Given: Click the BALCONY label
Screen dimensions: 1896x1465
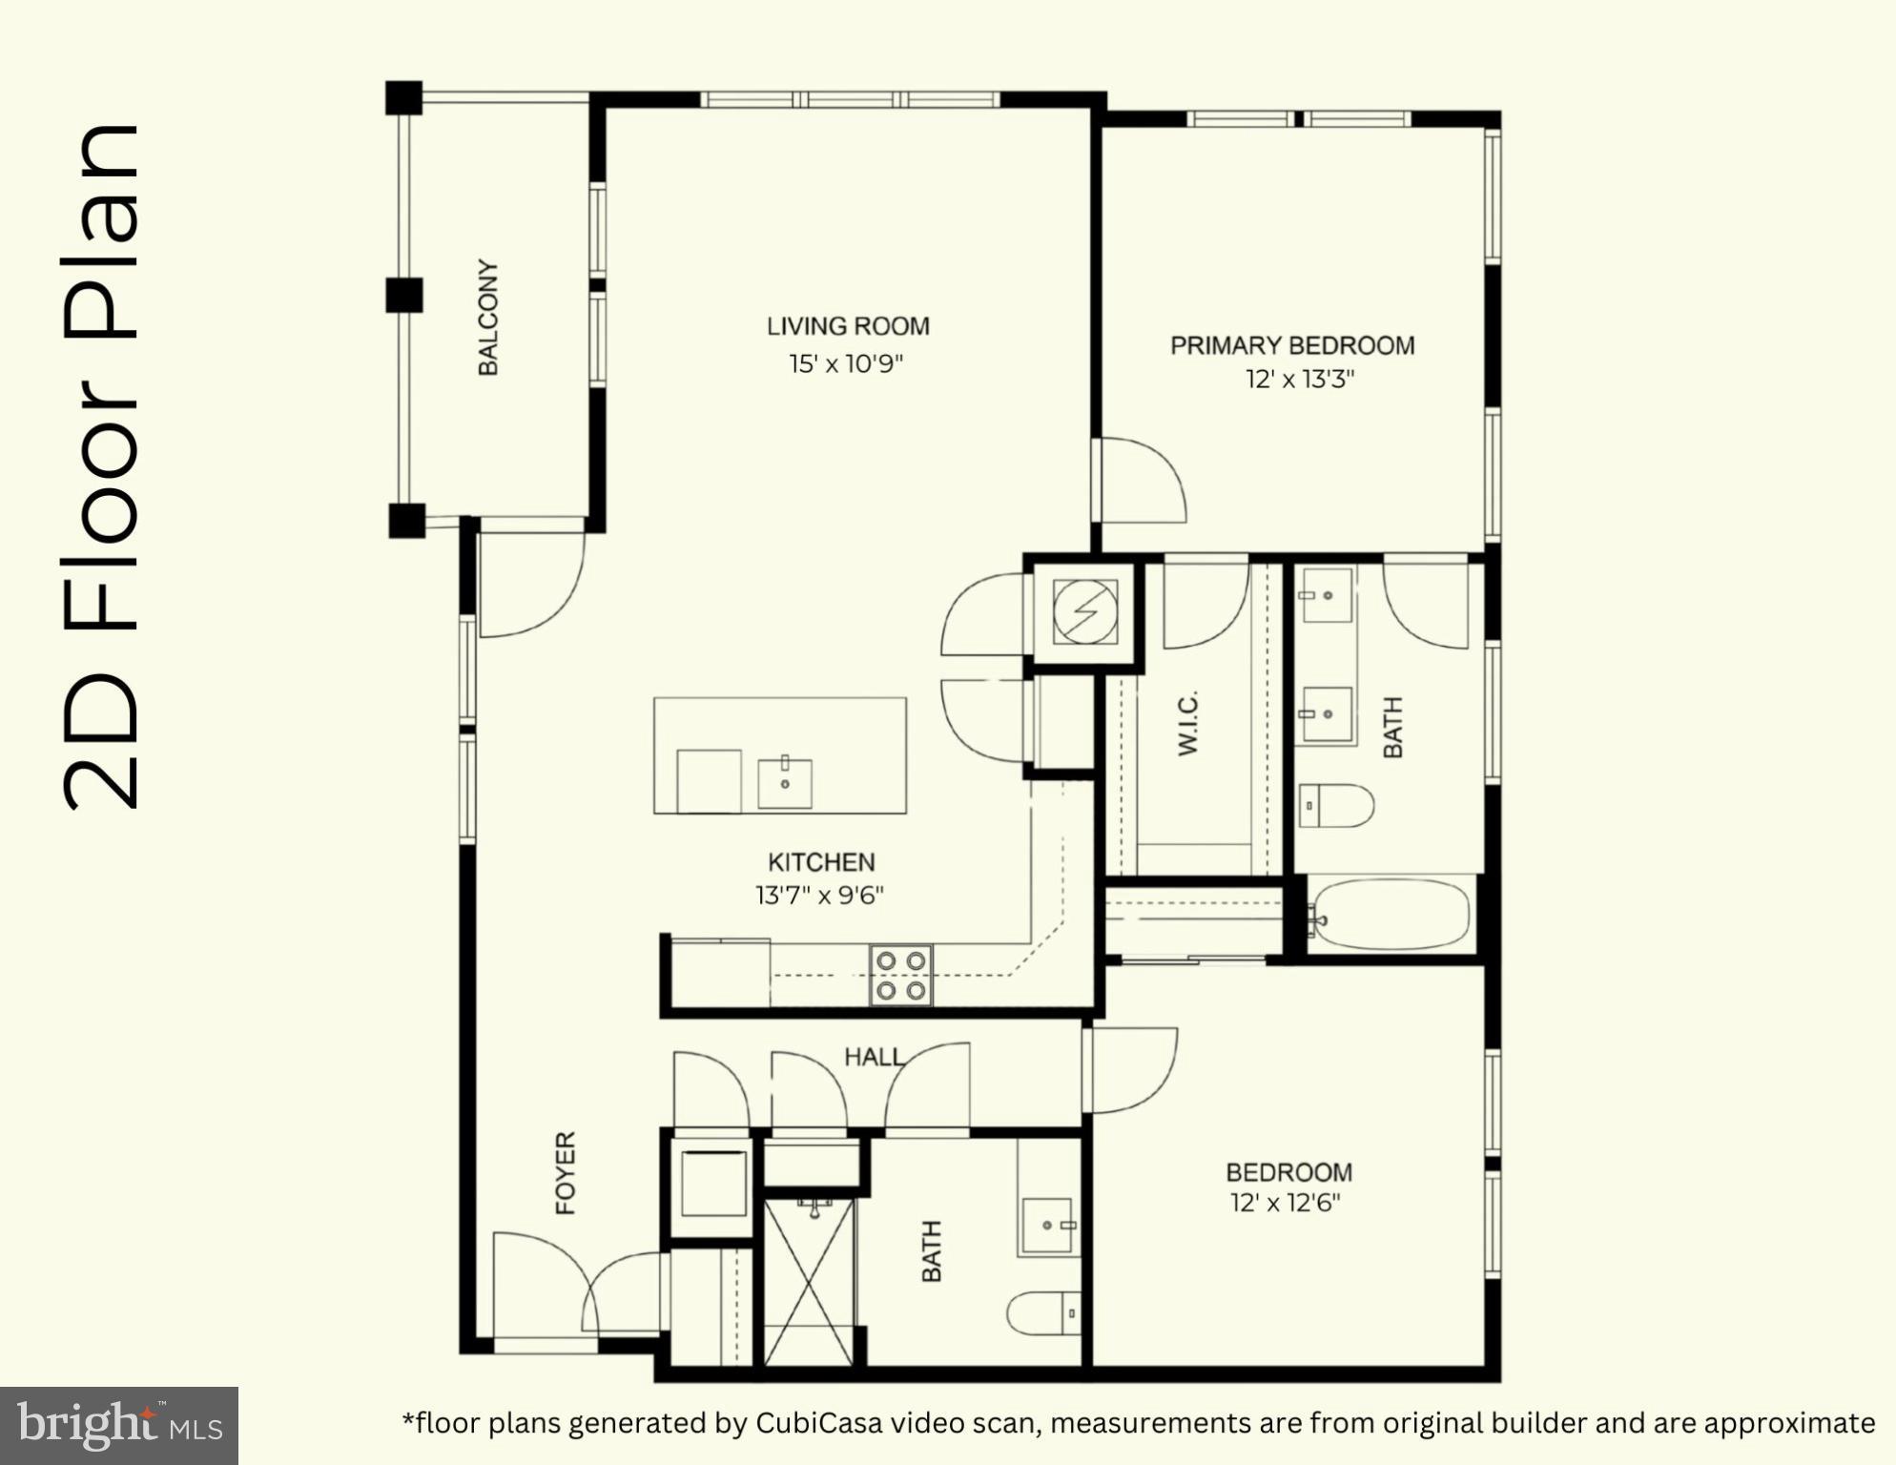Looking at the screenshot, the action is [x=487, y=317].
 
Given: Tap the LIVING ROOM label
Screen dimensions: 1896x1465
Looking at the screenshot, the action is [x=848, y=326].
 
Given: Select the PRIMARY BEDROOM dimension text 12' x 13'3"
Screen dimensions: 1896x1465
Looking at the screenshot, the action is [x=1300, y=380].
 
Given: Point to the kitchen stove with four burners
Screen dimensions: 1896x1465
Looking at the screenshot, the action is [x=900, y=975].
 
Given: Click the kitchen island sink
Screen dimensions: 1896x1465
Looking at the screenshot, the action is [x=785, y=782].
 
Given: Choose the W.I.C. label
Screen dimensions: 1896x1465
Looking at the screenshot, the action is [x=1187, y=723].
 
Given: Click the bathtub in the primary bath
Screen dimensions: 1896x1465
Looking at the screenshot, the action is [x=1391, y=914].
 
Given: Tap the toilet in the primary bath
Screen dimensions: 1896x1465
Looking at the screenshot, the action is [x=1335, y=806].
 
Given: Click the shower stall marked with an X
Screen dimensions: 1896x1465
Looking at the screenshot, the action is [x=809, y=1283].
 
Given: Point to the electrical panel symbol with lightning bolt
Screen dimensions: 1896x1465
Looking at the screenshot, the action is [x=1085, y=610].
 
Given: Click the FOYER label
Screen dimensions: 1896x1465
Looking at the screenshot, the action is [x=566, y=1173].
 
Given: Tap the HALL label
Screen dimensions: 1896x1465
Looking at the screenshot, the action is [x=874, y=1057].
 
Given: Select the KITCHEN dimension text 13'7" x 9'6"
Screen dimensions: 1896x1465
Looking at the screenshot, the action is [x=820, y=896].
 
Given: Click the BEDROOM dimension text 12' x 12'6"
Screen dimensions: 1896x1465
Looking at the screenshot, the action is [x=1286, y=1203].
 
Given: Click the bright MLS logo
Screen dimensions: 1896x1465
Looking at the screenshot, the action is [x=119, y=1426].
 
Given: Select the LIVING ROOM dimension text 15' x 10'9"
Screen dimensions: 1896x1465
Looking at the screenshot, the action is [x=846, y=364].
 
